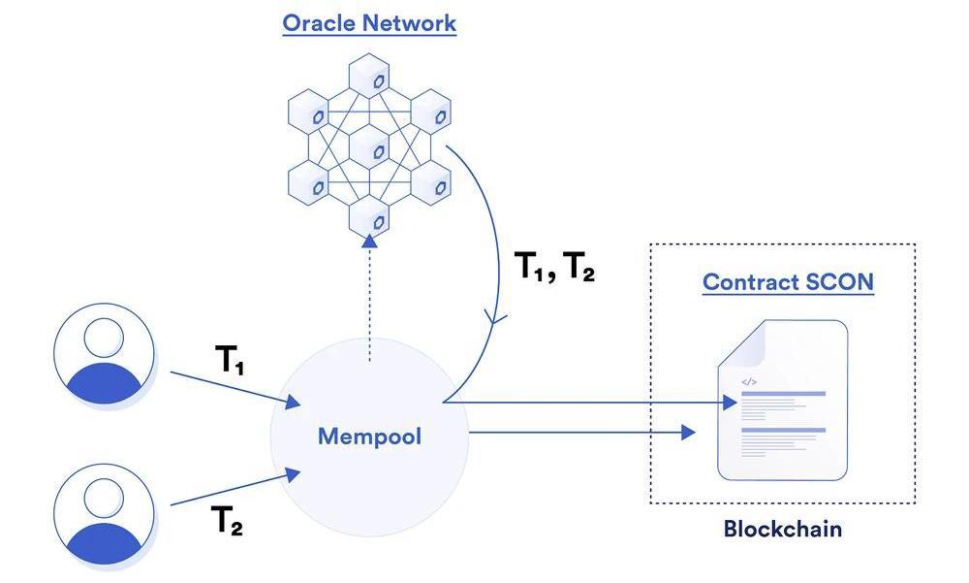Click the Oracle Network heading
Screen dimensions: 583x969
pyautogui.click(x=369, y=23)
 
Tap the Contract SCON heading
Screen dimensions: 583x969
pyautogui.click(x=788, y=282)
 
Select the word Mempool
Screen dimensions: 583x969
pyautogui.click(x=369, y=437)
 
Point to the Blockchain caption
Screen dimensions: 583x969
pyautogui.click(x=783, y=530)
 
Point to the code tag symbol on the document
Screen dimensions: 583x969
pyautogui.click(x=748, y=381)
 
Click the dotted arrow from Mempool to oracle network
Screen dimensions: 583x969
pyautogui.click(x=369, y=301)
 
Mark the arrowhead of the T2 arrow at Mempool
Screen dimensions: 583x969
pyautogui.click(x=292, y=472)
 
